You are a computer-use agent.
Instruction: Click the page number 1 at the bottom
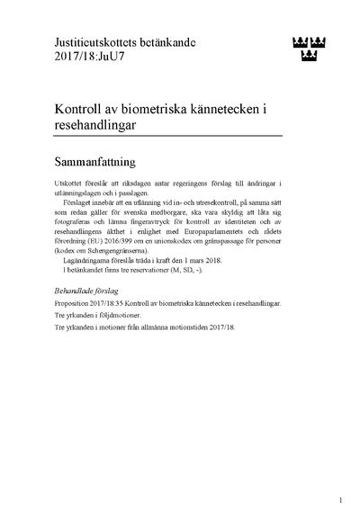click(x=341, y=499)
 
